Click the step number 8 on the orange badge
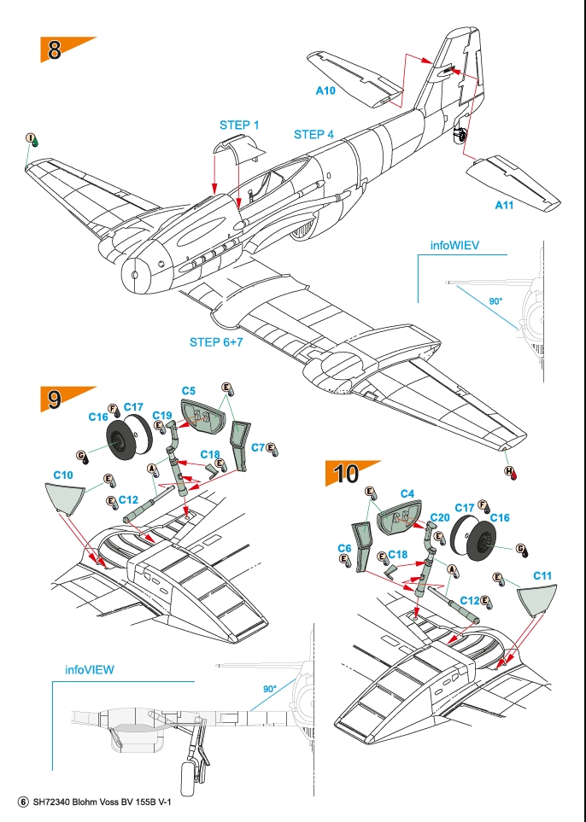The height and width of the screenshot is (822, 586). [x=54, y=50]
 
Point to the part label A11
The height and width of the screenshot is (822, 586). [x=507, y=205]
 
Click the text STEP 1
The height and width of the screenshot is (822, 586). [x=240, y=125]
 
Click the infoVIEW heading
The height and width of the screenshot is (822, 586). [x=89, y=670]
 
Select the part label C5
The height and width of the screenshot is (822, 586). [x=189, y=391]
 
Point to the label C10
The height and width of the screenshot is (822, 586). [x=62, y=474]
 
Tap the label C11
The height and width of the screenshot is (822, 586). [x=542, y=576]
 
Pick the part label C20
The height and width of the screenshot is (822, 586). [x=439, y=517]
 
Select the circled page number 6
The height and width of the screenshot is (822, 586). [x=23, y=802]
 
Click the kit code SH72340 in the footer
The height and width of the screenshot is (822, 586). [x=54, y=802]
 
